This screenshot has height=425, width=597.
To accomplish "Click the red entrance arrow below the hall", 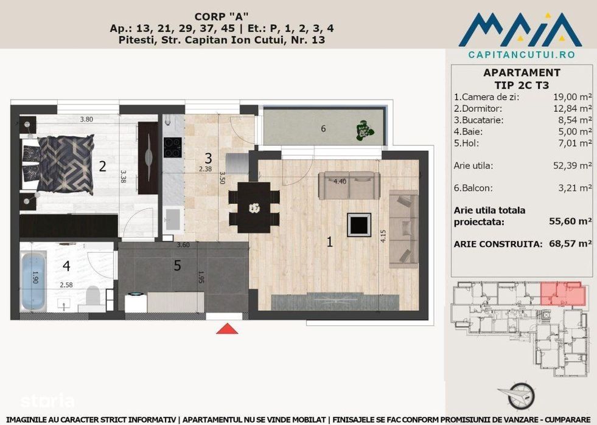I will click(227, 328).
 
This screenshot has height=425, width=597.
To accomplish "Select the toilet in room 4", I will click(93, 297).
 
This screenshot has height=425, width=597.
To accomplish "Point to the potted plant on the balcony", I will click(363, 129).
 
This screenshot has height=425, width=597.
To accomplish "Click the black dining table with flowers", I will click(254, 207).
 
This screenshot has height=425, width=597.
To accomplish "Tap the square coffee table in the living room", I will click(358, 225).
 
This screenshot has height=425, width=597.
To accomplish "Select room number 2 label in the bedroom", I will click(102, 165).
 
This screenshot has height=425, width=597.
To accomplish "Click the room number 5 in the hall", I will click(177, 265).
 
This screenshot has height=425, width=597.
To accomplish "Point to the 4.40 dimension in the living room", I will click(340, 181).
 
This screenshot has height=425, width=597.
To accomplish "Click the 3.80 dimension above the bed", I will click(86, 120).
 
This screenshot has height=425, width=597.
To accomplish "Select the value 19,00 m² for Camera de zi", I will click(571, 97).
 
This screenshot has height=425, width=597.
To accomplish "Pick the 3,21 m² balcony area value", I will click(576, 188).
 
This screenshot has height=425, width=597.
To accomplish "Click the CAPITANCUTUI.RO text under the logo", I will click(522, 54).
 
